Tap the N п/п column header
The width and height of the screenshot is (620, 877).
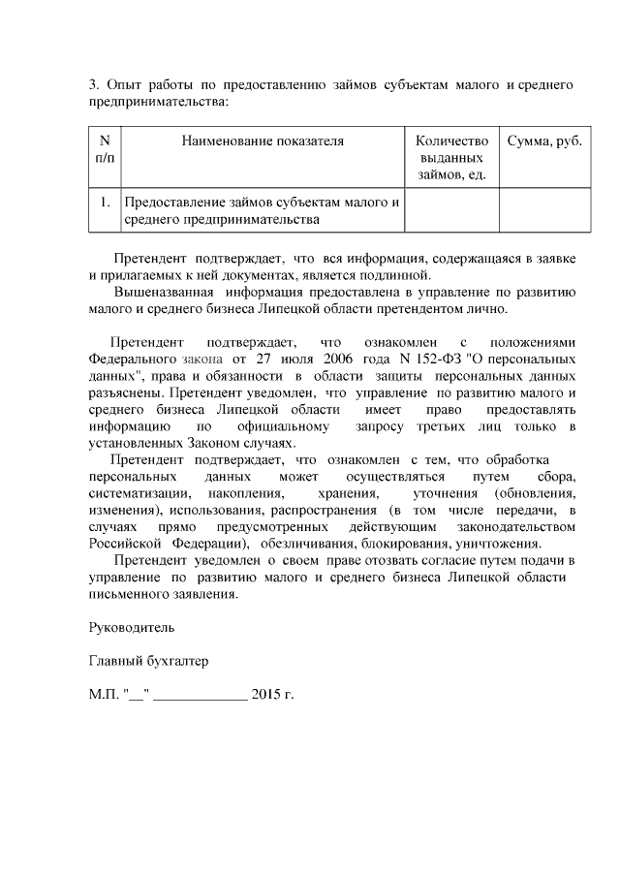click(104, 149)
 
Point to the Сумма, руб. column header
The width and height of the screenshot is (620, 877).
click(544, 141)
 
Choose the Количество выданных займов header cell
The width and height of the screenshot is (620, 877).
click(450, 157)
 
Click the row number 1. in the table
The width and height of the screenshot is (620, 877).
click(104, 203)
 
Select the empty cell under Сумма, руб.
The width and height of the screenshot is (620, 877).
click(544, 210)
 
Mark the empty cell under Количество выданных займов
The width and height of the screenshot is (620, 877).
click(450, 210)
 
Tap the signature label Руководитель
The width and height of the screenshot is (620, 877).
click(126, 628)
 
